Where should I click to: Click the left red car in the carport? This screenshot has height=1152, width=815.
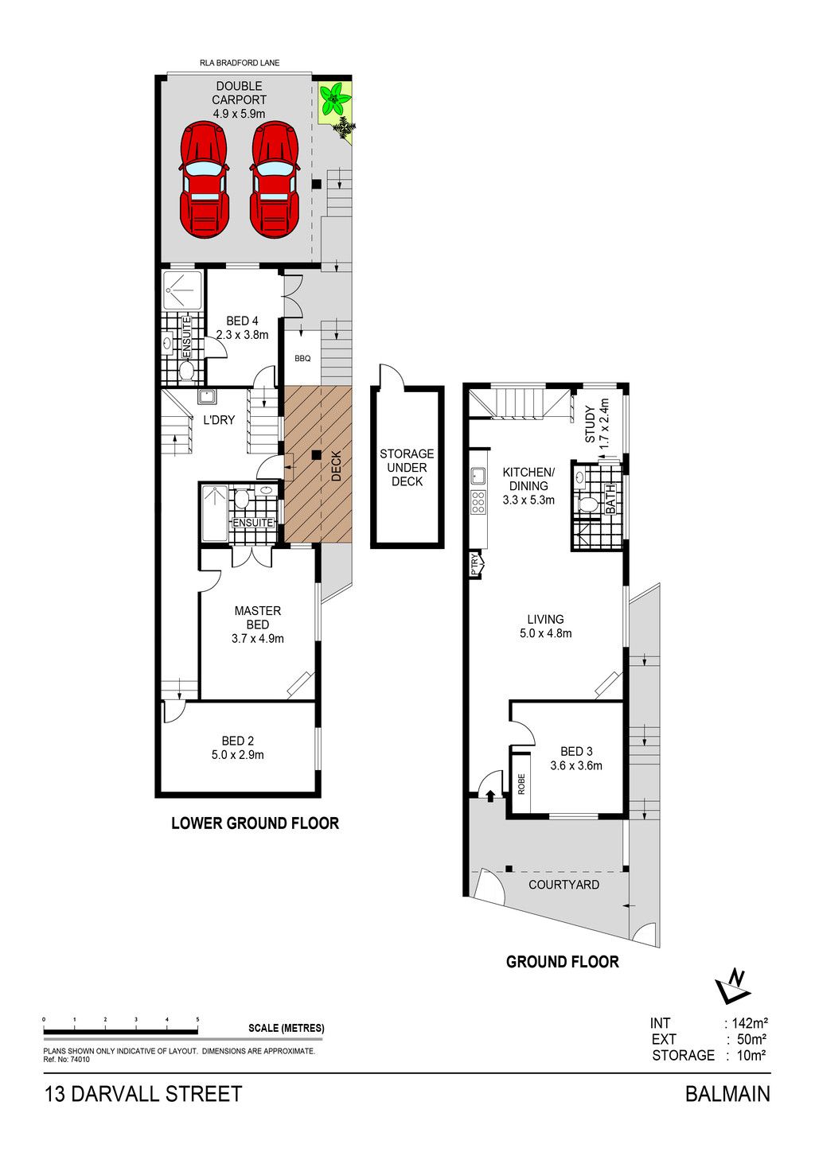pos(204,180)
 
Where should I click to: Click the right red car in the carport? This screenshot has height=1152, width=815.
pos(275,180)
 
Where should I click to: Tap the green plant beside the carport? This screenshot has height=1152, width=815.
pos(335,99)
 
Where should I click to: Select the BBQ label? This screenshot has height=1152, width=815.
pos(302,359)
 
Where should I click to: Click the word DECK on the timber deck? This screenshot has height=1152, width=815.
pos(336,466)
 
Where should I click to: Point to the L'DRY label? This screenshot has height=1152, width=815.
pos(219,419)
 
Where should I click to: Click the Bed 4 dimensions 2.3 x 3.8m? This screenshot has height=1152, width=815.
pos(242,335)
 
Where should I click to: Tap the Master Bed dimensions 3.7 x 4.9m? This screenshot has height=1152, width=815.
pos(257,638)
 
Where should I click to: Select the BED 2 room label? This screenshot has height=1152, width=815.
pos(237,741)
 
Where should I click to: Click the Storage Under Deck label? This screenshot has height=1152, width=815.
pos(407,468)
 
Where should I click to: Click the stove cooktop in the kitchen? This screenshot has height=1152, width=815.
pos(478,501)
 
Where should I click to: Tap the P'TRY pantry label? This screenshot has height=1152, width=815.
pos(474,563)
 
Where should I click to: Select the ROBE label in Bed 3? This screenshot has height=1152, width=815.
pos(521,784)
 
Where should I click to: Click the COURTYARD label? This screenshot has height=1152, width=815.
pos(564,885)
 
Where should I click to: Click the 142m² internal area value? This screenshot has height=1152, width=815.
pos(750,1022)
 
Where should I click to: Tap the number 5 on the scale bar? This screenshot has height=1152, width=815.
pos(197,1019)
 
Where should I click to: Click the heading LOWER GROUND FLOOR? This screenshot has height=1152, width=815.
pos(255,823)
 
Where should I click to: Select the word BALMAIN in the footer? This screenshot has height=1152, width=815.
pos(727,1094)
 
